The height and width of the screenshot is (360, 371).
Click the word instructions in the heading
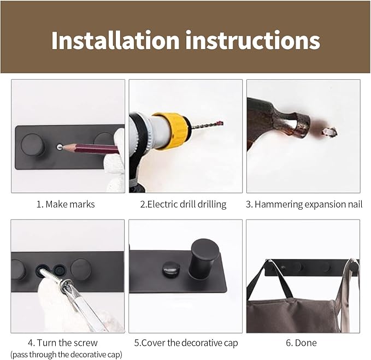(x=252, y=40)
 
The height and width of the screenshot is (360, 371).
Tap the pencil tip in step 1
(x=62, y=146)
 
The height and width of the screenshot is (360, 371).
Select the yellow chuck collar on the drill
(x=172, y=131)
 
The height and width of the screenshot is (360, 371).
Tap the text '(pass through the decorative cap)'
(x=66, y=355)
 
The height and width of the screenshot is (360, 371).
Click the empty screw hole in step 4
(x=59, y=269)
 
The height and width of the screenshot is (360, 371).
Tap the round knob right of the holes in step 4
(x=81, y=269)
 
